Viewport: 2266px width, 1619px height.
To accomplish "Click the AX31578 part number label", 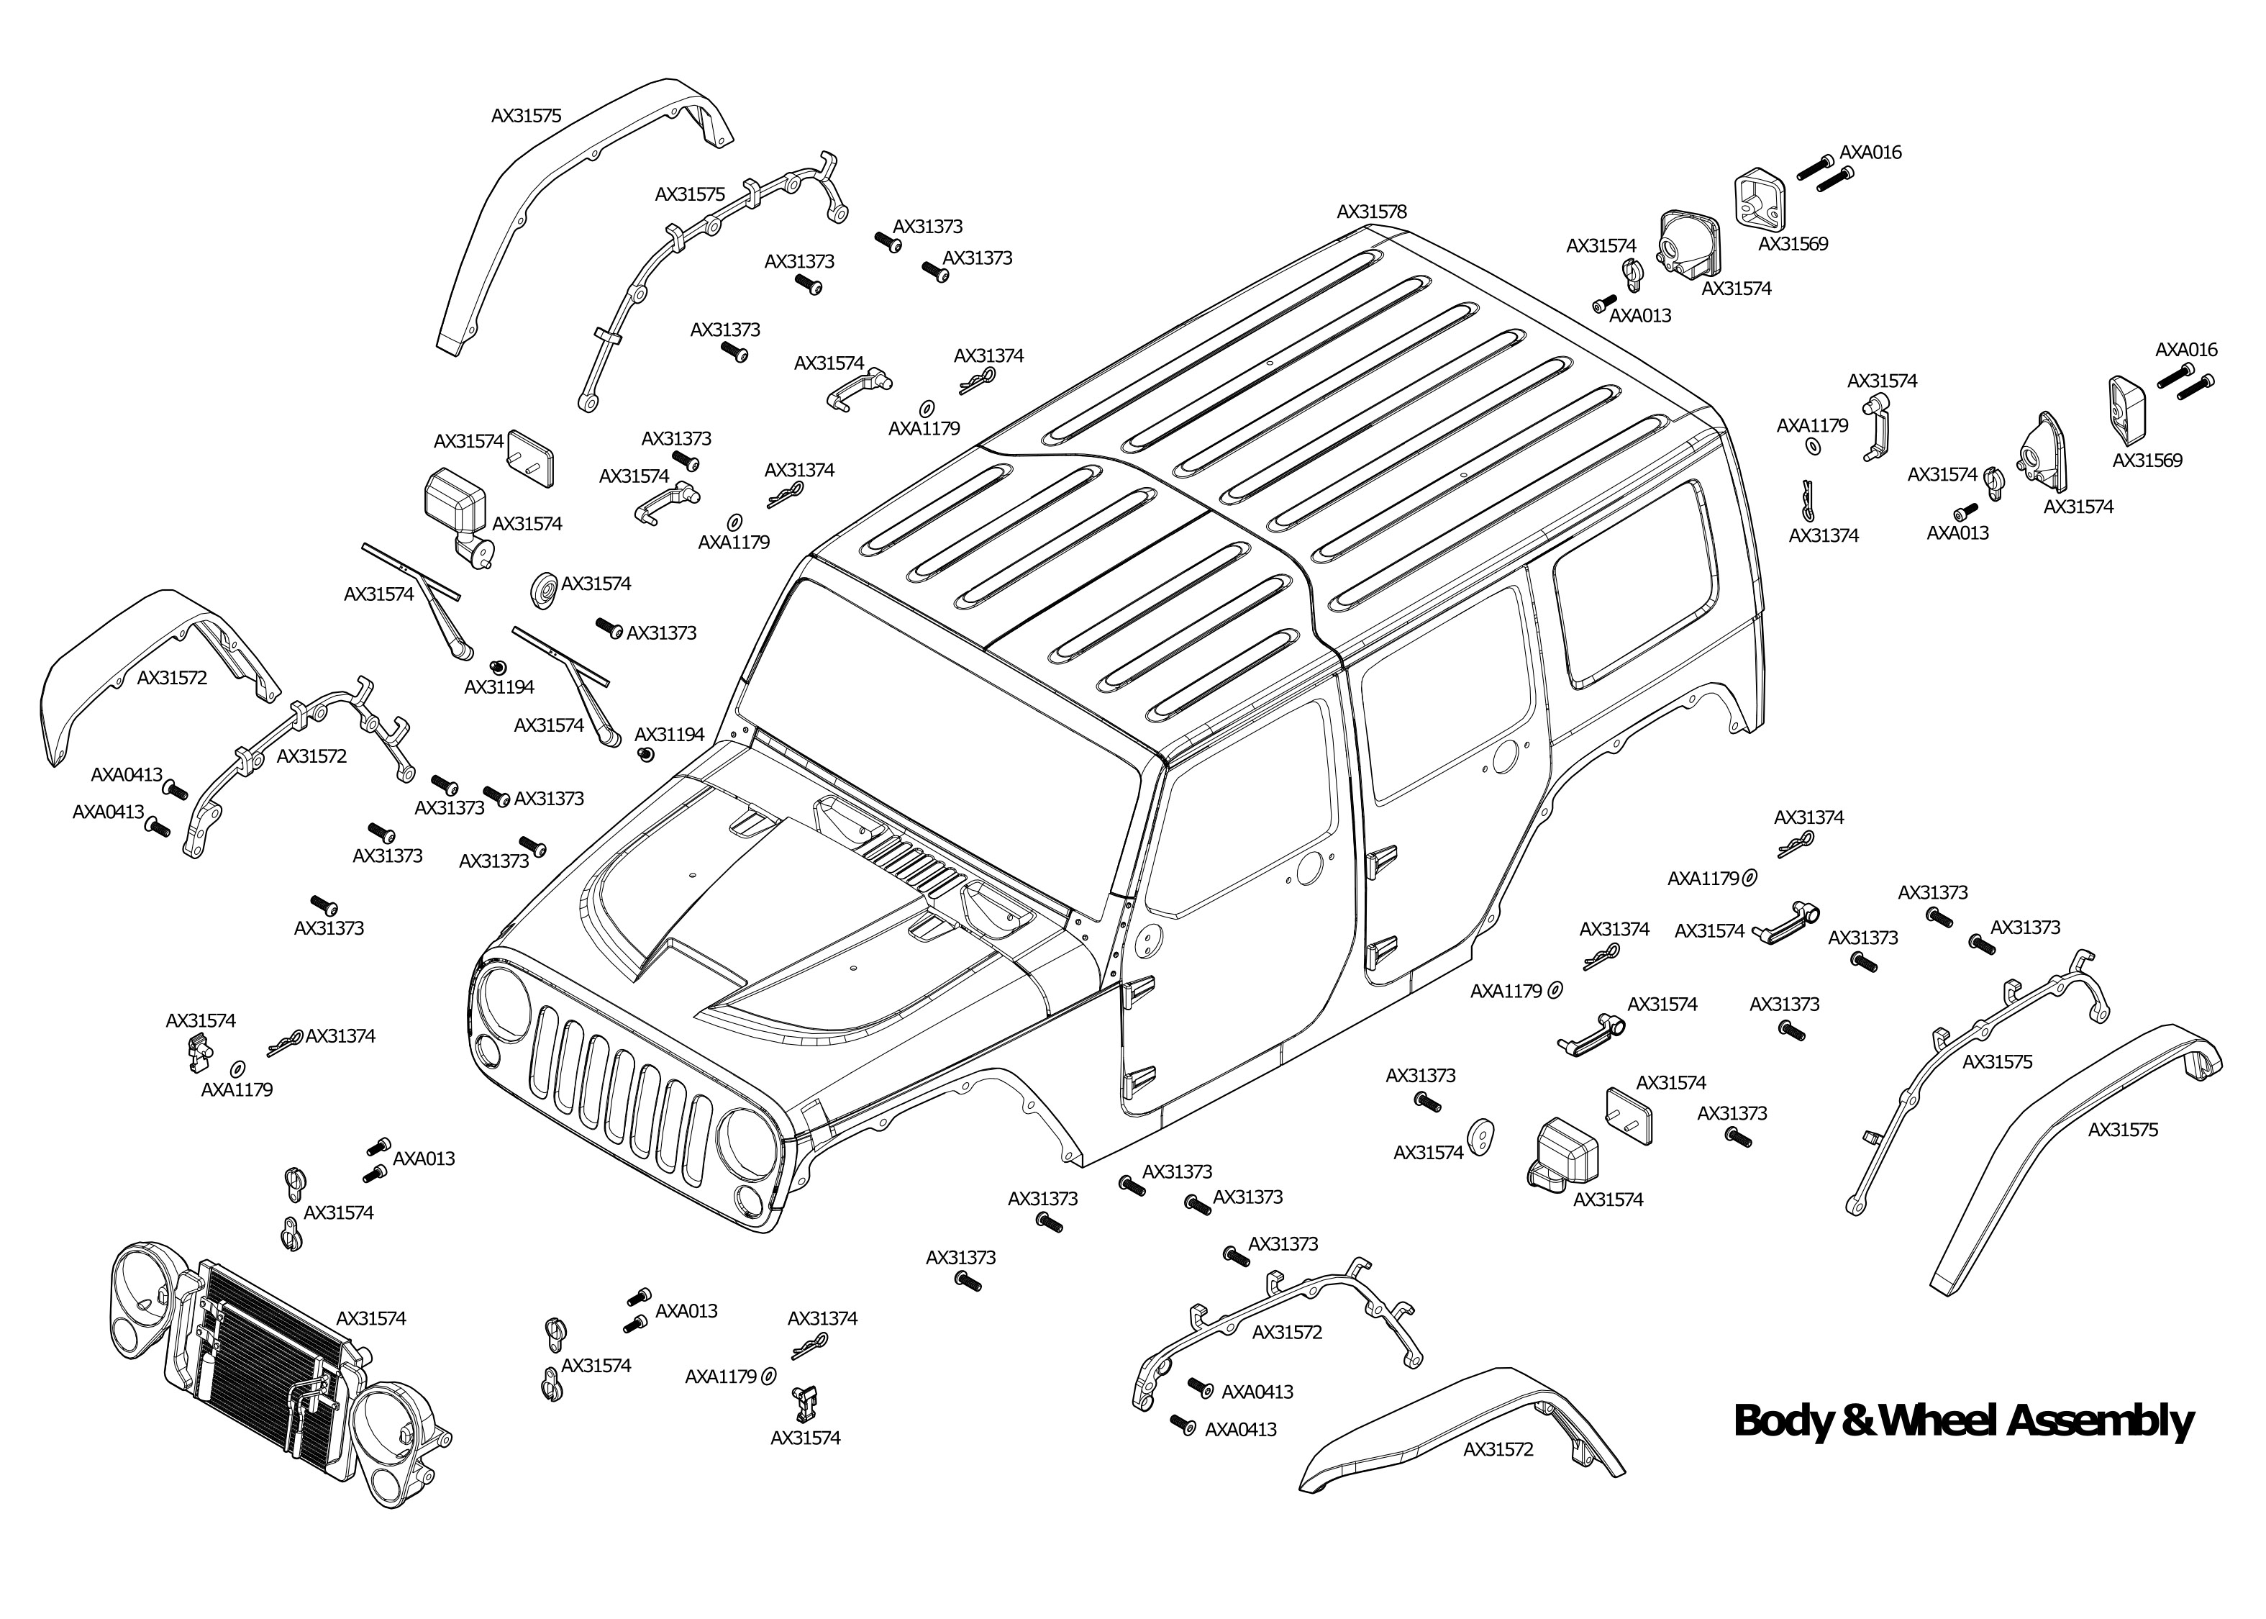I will [1371, 212].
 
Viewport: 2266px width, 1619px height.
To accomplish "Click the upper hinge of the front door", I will [1139, 987].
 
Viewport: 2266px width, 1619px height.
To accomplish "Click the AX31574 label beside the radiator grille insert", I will [370, 1318].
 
